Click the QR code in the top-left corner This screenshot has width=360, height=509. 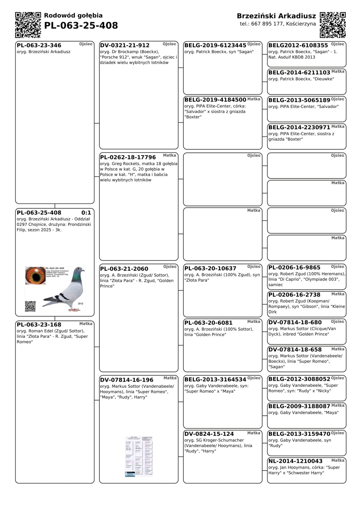point(28,25)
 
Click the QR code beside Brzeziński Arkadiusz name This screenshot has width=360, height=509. point(333,25)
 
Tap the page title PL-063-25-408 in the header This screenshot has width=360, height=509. point(81,26)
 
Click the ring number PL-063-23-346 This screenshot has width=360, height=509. point(39,46)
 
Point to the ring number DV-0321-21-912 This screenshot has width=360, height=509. point(125,46)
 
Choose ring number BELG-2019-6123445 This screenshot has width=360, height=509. point(215,46)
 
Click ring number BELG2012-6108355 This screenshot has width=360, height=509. point(298,46)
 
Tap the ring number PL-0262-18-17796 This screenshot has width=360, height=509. point(128,157)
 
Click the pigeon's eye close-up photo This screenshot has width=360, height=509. point(35,275)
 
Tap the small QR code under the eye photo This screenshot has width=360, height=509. point(30,306)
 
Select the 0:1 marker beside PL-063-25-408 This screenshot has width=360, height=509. point(86,213)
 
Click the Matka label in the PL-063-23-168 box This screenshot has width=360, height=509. point(86,324)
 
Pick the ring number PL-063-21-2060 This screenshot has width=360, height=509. point(124,269)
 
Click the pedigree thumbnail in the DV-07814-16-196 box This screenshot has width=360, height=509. point(139,457)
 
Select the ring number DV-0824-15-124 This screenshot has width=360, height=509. point(209,434)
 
